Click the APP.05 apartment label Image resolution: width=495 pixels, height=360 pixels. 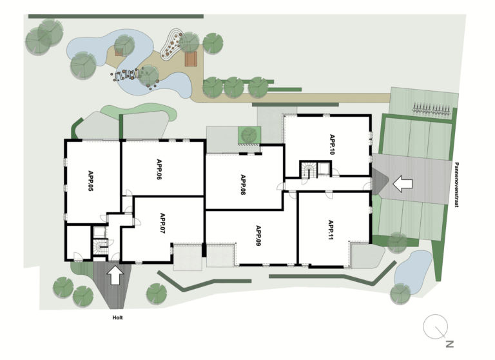pos(91,181)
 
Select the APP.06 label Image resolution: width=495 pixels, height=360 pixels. pos(159,170)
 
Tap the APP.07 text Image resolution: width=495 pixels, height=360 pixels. pos(162,223)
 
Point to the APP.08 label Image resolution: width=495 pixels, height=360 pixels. pos(243,185)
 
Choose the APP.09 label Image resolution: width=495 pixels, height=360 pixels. pos(258,235)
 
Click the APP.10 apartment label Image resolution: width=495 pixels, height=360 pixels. pos(332,145)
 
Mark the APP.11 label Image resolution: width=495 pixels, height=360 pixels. pos(331,230)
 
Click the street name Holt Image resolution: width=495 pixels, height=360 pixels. pos(117,317)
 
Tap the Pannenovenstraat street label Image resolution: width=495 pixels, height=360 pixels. pos(457,185)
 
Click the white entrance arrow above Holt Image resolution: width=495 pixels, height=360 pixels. pos(115,275)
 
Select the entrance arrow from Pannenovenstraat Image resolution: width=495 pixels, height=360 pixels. pos(402,184)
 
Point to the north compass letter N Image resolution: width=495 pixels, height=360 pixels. pos(450,344)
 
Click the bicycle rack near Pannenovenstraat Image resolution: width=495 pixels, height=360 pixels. pos(431,108)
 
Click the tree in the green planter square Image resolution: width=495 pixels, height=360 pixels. pos(249,135)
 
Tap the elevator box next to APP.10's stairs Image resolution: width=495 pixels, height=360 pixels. pos(324,169)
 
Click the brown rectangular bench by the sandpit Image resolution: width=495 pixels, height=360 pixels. pos(191,59)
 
